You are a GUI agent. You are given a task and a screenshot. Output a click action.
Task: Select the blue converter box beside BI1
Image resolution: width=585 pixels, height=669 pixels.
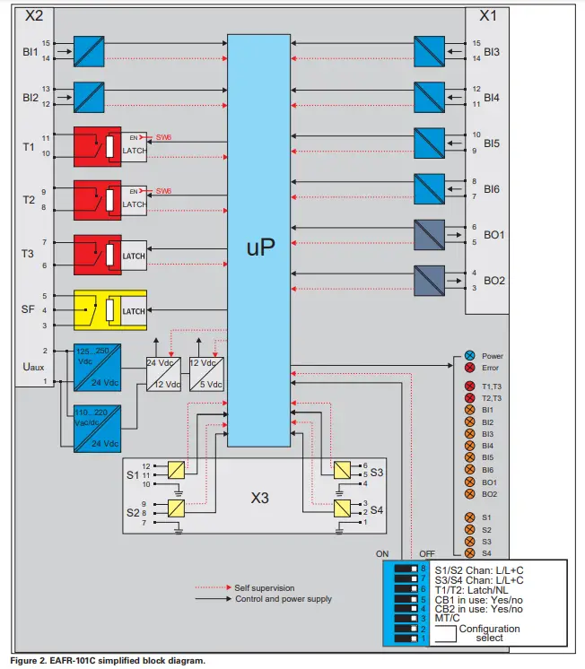(x=89, y=50)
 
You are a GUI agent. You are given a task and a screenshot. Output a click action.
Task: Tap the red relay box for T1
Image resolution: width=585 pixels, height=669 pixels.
(x=98, y=147)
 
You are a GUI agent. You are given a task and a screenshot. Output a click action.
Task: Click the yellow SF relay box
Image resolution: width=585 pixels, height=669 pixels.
(x=98, y=309)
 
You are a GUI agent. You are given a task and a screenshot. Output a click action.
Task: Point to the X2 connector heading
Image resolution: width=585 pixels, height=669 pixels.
(x=33, y=15)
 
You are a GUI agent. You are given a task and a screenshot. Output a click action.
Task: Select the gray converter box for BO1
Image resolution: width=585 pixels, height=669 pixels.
(x=430, y=235)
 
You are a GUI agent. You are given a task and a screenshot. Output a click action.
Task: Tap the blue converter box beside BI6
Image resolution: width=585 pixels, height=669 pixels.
(x=430, y=188)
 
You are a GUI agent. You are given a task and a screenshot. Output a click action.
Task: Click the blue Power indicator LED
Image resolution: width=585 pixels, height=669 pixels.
(x=468, y=356)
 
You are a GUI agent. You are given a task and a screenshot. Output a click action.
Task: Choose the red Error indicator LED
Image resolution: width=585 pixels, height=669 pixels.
(x=468, y=368)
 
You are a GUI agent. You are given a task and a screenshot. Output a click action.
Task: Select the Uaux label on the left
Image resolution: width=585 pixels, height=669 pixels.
(x=31, y=367)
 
